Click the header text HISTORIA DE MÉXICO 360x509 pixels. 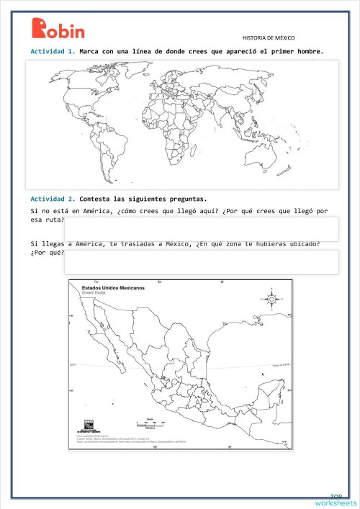click(269, 37)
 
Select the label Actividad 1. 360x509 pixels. click(53, 52)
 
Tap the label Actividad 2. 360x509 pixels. click(53, 199)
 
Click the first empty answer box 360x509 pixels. click(201, 229)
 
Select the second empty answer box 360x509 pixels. click(201, 262)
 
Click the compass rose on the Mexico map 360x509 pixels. click(271, 298)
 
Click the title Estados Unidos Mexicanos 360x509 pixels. click(113, 287)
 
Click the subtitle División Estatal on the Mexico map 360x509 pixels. click(96, 293)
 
